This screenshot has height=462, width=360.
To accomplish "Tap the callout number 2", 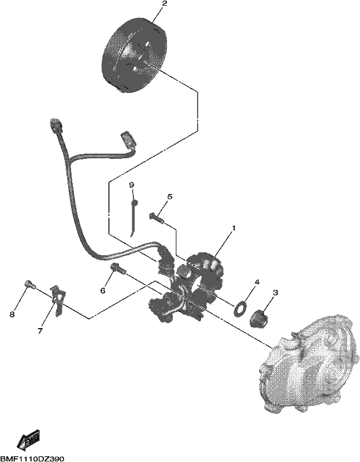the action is (164, 4).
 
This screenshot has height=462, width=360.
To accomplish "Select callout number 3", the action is (276, 293).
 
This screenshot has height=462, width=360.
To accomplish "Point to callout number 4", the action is (257, 282).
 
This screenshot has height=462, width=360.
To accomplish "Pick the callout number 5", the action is (170, 196).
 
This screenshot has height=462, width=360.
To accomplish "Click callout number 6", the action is (103, 291).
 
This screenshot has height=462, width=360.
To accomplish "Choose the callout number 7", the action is (40, 331).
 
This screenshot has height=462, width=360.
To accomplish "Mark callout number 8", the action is (12, 315).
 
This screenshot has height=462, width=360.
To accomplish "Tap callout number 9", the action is (132, 185).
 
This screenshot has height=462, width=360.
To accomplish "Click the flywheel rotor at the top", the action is (135, 56).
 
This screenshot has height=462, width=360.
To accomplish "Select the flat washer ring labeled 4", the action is (240, 308).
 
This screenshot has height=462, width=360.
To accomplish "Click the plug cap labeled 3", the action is (259, 319).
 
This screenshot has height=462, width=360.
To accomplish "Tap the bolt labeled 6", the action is (118, 268).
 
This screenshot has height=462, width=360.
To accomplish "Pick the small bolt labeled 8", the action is (29, 284).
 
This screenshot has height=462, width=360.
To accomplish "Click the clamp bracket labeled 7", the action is (58, 300).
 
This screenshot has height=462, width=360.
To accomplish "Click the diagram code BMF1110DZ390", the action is (32, 459).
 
